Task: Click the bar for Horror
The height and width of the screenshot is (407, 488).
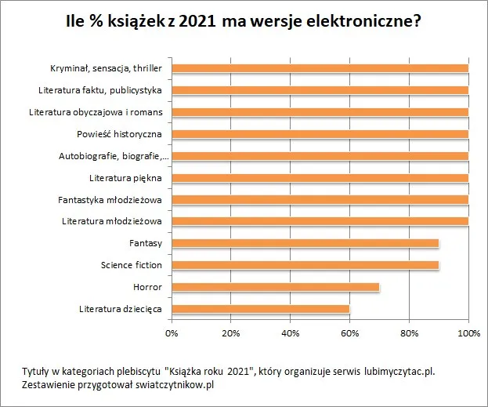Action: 275,287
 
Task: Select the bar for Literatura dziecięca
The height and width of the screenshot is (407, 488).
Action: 260,309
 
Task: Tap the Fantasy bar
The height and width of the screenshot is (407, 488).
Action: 305,243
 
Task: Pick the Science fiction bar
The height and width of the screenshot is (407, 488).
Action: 305,265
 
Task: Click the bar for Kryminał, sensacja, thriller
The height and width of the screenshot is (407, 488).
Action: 320,68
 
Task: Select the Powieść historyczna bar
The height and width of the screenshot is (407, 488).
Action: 320,134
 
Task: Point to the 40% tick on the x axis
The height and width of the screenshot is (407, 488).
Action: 291,333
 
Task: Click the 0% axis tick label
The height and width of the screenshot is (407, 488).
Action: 172,333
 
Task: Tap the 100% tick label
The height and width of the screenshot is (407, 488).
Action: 468,333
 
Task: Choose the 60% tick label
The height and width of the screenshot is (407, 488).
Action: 350,333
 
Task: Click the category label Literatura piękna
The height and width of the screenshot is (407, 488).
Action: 125,177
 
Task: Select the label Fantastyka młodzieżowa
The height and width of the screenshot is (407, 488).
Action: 110,199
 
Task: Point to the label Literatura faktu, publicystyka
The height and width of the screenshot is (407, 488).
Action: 100,90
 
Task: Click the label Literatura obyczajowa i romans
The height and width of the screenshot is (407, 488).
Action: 96,112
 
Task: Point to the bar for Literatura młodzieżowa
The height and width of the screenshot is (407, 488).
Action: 320,221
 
